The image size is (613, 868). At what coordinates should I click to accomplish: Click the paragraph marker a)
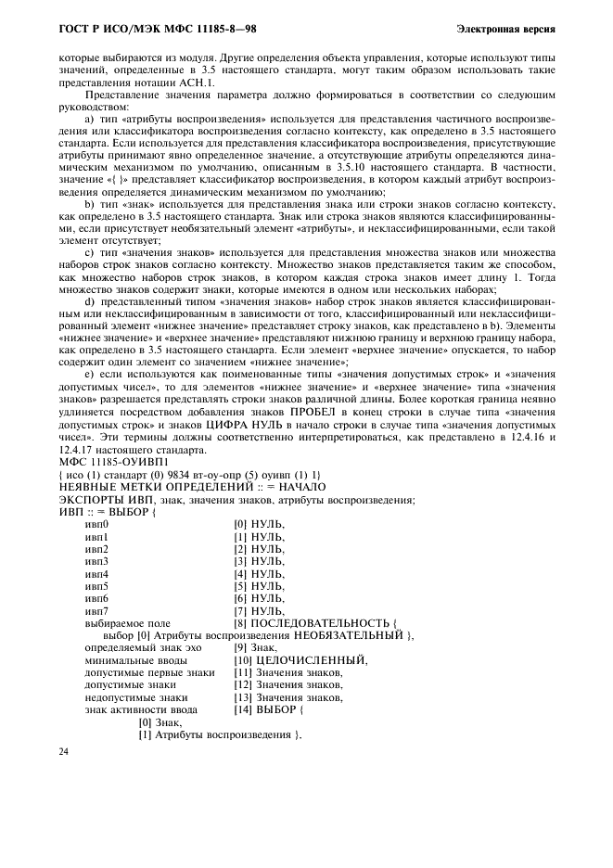90,119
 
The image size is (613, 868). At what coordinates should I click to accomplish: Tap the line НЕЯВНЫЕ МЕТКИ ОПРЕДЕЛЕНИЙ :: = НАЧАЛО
192,487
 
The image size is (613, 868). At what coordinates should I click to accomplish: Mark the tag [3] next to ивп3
241,561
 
